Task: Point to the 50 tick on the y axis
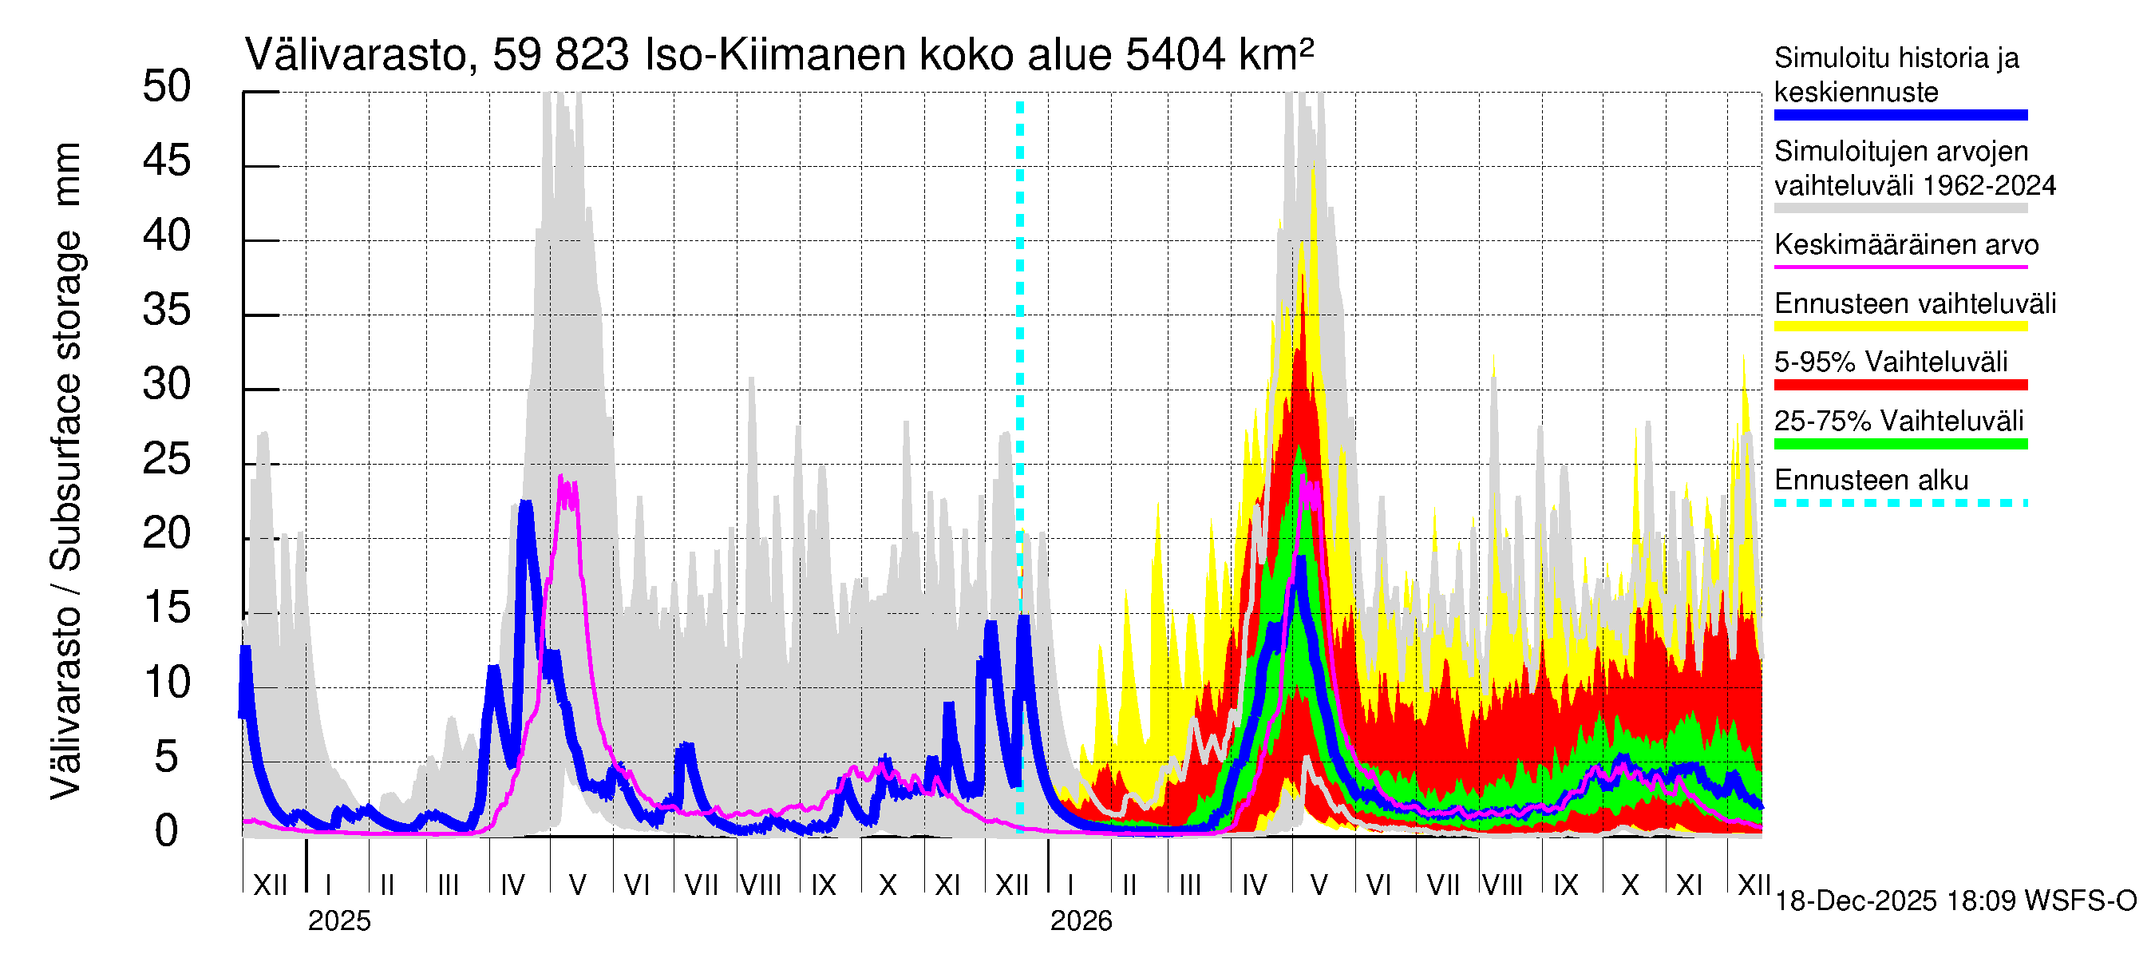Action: pyautogui.click(x=167, y=86)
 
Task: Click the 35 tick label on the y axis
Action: pyautogui.click(x=167, y=311)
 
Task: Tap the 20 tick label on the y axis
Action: pyautogui.click(x=167, y=534)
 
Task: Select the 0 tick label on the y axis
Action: pyautogui.click(x=167, y=832)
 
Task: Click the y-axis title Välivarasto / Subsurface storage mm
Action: pyautogui.click(x=66, y=470)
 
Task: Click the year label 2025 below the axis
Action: pyautogui.click(x=338, y=921)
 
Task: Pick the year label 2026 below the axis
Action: pyautogui.click(x=1081, y=921)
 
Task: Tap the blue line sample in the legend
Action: pyautogui.click(x=1900, y=116)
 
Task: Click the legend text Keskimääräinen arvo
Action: pyautogui.click(x=1906, y=245)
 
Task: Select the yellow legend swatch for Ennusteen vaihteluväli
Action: pyautogui.click(x=1900, y=327)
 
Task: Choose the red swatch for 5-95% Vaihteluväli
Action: pyautogui.click(x=1900, y=385)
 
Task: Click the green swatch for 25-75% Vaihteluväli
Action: pyautogui.click(x=1900, y=445)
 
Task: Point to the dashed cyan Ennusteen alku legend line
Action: pyautogui.click(x=1900, y=503)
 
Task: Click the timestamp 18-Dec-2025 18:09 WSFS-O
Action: pyautogui.click(x=1955, y=901)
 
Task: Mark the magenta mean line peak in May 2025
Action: pyautogui.click(x=561, y=478)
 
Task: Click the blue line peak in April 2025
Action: pyautogui.click(x=525, y=503)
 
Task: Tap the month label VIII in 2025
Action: pyautogui.click(x=761, y=885)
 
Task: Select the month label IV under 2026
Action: pyautogui.click(x=1254, y=885)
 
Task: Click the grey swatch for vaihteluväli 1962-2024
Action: pyautogui.click(x=1900, y=208)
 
